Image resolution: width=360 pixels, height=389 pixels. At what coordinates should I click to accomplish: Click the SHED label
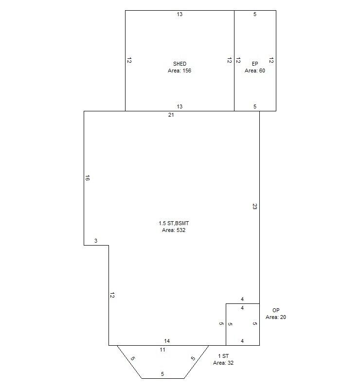pyautogui.click(x=180, y=64)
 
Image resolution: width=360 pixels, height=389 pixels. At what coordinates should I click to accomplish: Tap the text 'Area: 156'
pyautogui.click(x=180, y=71)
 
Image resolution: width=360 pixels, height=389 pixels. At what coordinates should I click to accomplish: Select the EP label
pyautogui.click(x=255, y=64)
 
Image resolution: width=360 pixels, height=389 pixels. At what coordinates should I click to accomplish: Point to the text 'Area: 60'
pyautogui.click(x=255, y=71)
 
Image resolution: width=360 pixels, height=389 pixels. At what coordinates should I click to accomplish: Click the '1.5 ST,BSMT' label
pyautogui.click(x=174, y=223)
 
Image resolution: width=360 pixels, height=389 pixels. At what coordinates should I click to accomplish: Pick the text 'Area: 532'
pyautogui.click(x=174, y=230)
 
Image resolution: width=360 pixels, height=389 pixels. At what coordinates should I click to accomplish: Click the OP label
pyautogui.click(x=276, y=310)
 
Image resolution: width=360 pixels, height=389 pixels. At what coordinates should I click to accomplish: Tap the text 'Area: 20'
pyautogui.click(x=276, y=318)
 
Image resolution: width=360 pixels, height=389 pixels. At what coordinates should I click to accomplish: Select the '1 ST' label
pyautogui.click(x=223, y=356)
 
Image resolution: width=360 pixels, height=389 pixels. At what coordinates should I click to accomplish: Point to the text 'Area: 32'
pyautogui.click(x=223, y=363)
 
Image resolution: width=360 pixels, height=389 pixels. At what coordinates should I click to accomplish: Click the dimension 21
pyautogui.click(x=171, y=115)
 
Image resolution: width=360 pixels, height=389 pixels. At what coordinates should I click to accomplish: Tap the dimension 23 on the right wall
pyautogui.click(x=255, y=206)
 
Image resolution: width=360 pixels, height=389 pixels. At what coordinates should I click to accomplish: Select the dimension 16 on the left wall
pyautogui.click(x=88, y=178)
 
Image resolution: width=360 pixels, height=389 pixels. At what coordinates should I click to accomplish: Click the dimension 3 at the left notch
pyautogui.click(x=96, y=241)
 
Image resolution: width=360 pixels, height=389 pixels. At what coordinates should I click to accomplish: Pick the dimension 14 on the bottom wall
pyautogui.click(x=167, y=341)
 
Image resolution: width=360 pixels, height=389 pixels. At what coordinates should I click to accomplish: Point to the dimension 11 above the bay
pyautogui.click(x=162, y=350)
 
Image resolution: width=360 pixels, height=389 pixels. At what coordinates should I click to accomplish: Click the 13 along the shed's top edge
pyautogui.click(x=180, y=15)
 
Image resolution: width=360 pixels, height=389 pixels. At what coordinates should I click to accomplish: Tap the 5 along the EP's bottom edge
pyautogui.click(x=255, y=106)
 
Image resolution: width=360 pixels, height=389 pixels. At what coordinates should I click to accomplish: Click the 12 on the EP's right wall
pyautogui.click(x=271, y=60)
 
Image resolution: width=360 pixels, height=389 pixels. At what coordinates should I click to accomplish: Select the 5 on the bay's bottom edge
pyautogui.click(x=162, y=374)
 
